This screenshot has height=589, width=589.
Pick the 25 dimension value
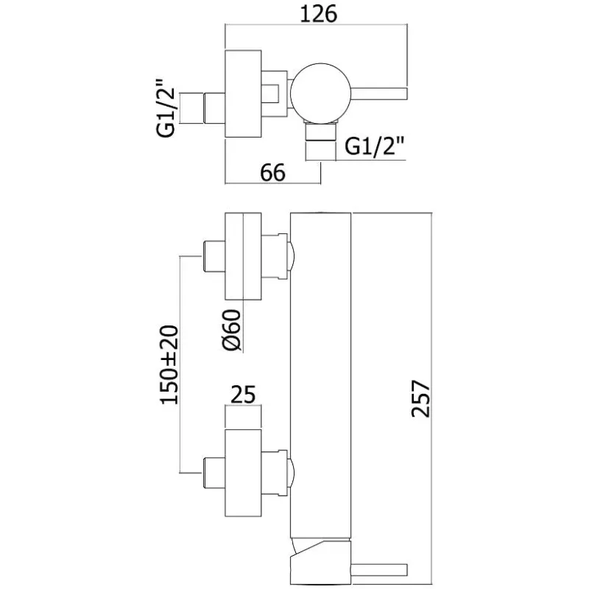pos(244,395)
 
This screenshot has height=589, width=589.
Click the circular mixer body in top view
pos(318,92)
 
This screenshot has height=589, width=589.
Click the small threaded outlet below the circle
pos(321,142)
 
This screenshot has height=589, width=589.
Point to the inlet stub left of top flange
pos(212,107)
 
